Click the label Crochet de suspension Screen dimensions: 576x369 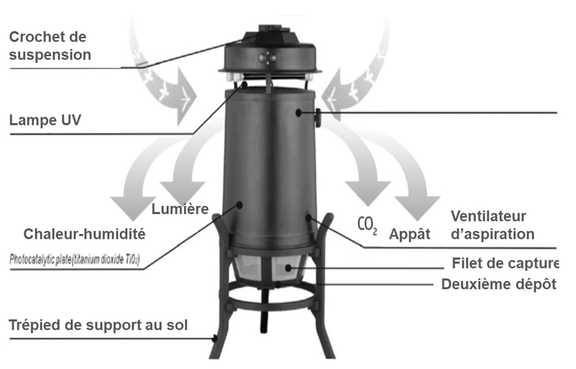(50, 46)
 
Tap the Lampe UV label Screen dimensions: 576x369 (45, 120)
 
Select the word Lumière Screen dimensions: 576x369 (180, 209)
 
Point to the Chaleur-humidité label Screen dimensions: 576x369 (84, 234)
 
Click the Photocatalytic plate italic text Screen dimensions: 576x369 (75, 259)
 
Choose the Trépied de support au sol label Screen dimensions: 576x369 (98, 325)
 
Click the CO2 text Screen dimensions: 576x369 (367, 224)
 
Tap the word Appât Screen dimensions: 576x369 (409, 234)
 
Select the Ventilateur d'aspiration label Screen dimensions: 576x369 (492, 225)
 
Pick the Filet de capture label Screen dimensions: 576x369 (505, 263)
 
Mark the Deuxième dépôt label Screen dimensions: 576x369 (498, 284)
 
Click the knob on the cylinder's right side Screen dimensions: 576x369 (318, 118)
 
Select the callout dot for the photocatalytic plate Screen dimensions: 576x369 (239, 205)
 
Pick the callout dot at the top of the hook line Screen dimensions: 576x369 (262, 35)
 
